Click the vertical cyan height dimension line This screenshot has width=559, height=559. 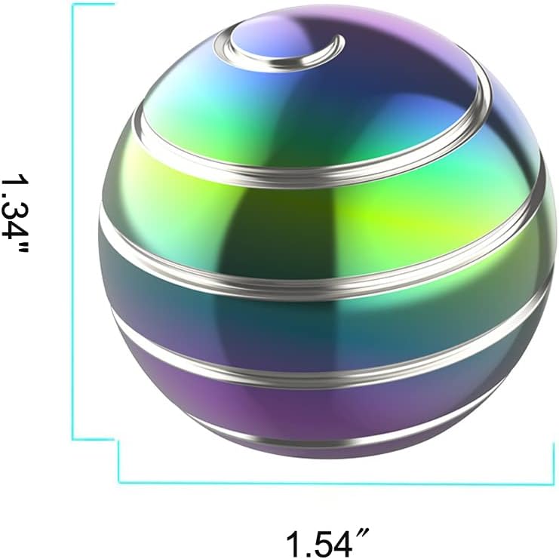click(x=73, y=226)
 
